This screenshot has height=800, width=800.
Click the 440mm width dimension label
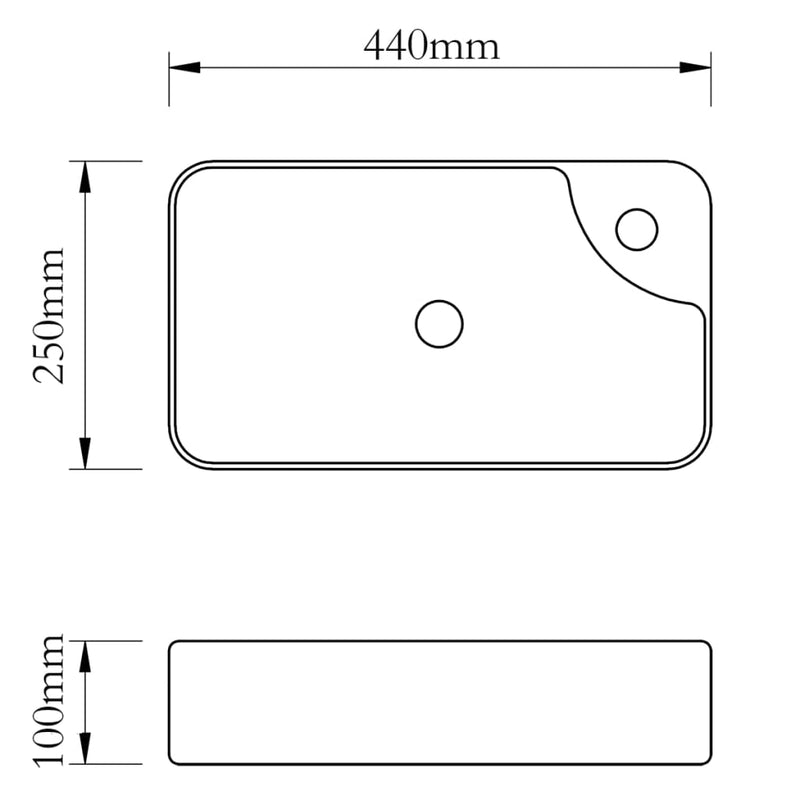point(431,46)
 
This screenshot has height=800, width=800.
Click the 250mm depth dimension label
point(50,315)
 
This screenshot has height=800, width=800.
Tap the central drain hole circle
point(439,324)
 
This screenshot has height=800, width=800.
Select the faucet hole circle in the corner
point(637,229)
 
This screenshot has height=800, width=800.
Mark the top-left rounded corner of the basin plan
point(180,172)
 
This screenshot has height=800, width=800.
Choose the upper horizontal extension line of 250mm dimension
point(110,161)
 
